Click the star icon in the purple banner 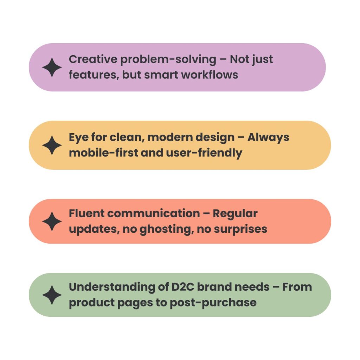point(52,67)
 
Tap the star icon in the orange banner point(52,145)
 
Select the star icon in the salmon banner point(52,221)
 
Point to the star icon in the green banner point(52,295)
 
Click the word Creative point(93,59)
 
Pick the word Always point(268,138)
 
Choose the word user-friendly point(204,153)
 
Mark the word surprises point(240,229)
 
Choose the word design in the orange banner point(215,138)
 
